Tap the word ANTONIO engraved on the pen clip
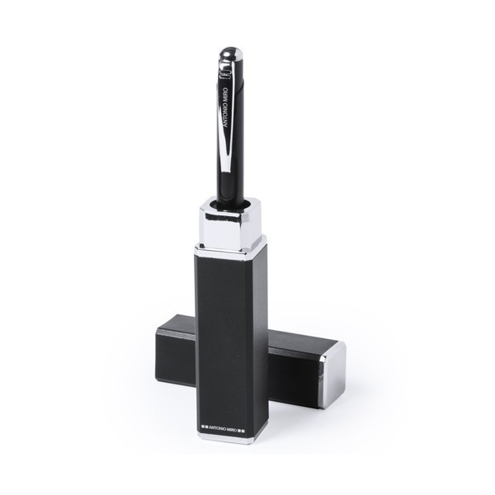coord(225,114)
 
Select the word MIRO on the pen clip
coord(225,93)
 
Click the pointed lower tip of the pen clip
coord(226,171)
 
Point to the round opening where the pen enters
coord(231,203)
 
